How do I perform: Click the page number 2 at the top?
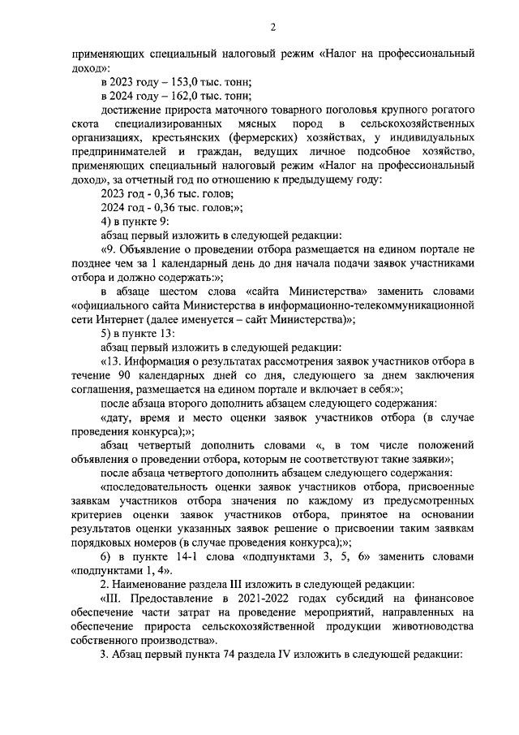tap(272, 28)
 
